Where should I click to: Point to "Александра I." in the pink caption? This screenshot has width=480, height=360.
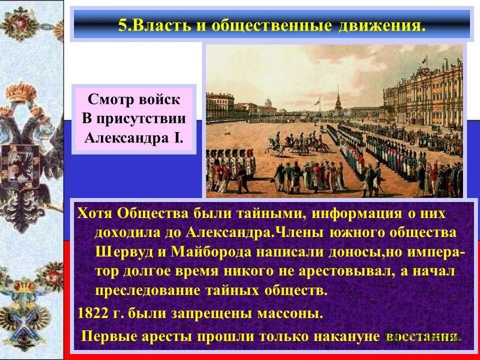[133, 136]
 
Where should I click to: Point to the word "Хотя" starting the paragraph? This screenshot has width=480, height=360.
[95, 213]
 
